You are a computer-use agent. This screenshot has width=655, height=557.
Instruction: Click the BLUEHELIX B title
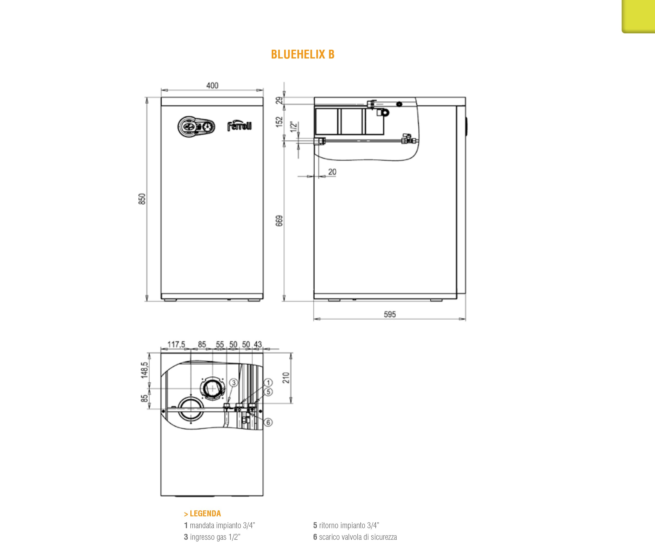[x=303, y=54]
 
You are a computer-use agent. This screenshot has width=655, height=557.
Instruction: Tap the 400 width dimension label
[x=212, y=86]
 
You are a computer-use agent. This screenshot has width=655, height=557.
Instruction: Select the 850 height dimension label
[x=142, y=199]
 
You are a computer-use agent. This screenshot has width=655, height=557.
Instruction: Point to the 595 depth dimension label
[x=390, y=314]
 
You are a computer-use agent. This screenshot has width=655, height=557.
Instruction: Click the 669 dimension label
[x=279, y=221]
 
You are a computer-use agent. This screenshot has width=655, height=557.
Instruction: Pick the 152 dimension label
[x=279, y=122]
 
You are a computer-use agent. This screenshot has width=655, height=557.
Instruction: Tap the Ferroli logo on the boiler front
[x=240, y=126]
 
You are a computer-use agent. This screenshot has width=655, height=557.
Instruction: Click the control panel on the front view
[x=196, y=127]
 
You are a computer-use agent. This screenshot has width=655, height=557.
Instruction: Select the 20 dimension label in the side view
[x=332, y=172]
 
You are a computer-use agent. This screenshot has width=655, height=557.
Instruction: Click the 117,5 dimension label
[x=176, y=344]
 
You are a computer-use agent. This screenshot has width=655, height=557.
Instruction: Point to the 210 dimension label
[x=286, y=378]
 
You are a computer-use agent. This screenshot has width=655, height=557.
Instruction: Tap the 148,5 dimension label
[x=144, y=370]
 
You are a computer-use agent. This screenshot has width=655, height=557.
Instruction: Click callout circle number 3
[x=234, y=383]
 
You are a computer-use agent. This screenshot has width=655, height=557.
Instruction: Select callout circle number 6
[x=268, y=422]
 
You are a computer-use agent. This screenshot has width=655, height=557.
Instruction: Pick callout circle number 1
[x=268, y=382]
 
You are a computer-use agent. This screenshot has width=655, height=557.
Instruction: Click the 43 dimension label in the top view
[x=258, y=344]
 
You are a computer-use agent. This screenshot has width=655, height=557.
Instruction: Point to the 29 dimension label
[x=279, y=100]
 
